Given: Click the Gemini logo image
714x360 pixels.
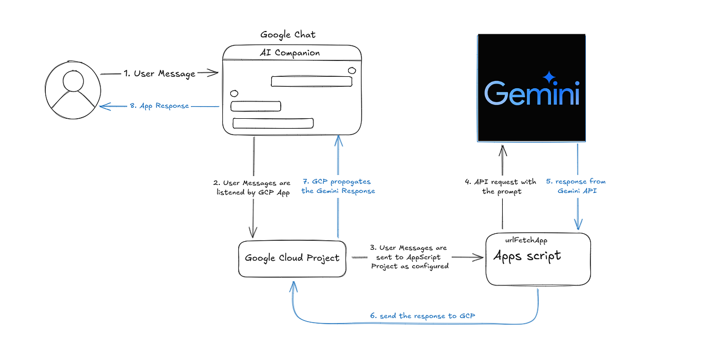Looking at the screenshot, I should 531,88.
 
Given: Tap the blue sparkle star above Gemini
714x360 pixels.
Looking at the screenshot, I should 549,77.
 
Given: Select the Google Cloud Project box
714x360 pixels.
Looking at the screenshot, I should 292,259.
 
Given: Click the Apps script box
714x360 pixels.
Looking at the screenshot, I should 538,260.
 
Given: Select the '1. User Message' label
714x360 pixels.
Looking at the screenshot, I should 159,74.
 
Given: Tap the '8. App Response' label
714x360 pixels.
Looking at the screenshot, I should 159,106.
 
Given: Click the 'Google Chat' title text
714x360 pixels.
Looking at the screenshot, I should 288,35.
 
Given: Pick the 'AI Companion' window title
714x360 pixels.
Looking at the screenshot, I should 290,53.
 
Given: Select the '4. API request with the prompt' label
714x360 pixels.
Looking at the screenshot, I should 500,187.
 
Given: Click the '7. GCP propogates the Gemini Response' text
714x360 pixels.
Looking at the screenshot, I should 338,186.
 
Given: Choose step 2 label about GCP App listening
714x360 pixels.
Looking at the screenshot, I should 253,188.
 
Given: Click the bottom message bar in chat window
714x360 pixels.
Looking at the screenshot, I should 273,123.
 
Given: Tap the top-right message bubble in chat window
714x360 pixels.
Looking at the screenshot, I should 311,81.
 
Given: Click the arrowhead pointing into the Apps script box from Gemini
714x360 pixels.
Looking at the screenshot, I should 579,226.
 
